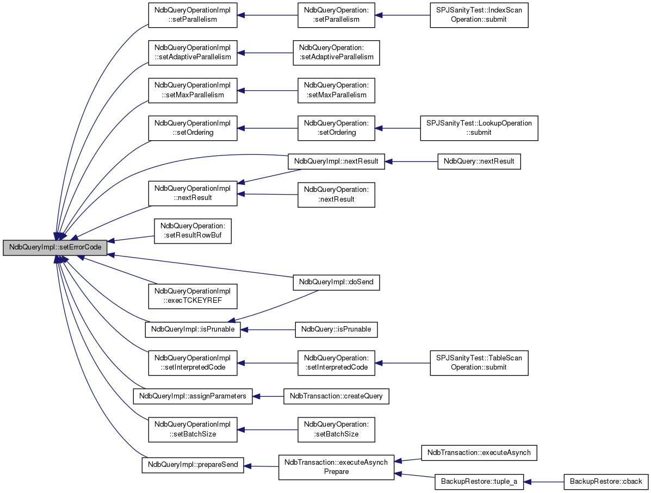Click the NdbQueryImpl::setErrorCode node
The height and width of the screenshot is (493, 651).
[x=55, y=247]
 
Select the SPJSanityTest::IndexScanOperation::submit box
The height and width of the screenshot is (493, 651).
[x=479, y=15]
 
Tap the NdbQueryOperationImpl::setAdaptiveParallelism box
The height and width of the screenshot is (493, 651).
[x=193, y=53]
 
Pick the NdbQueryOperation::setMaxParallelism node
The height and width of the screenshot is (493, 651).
[x=336, y=90]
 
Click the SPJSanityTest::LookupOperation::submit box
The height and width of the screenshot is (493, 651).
[x=479, y=128]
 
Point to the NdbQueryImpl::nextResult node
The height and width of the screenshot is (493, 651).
[x=336, y=161]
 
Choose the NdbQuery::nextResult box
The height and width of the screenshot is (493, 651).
[x=479, y=161]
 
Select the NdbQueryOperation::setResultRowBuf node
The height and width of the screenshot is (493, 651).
[x=193, y=231]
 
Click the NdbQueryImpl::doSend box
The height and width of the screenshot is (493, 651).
[x=336, y=282]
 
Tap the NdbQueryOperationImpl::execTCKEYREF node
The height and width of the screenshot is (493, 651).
[x=193, y=296]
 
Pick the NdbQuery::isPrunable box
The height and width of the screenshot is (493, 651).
[x=336, y=329]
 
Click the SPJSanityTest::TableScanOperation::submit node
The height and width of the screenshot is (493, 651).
[x=479, y=363]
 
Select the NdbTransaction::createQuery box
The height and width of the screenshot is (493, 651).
[x=336, y=396]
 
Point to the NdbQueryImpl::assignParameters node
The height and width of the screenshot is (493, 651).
[x=193, y=396]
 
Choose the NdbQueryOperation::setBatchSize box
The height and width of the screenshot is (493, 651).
[x=336, y=429]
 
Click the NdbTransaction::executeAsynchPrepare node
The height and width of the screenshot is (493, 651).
[x=336, y=467]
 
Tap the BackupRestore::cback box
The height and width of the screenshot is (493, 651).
[x=606, y=482]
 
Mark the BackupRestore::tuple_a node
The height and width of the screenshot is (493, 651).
[x=479, y=482]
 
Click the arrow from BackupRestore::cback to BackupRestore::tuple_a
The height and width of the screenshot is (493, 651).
[x=543, y=482]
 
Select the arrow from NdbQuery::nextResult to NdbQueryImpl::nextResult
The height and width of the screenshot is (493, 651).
[x=411, y=161]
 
